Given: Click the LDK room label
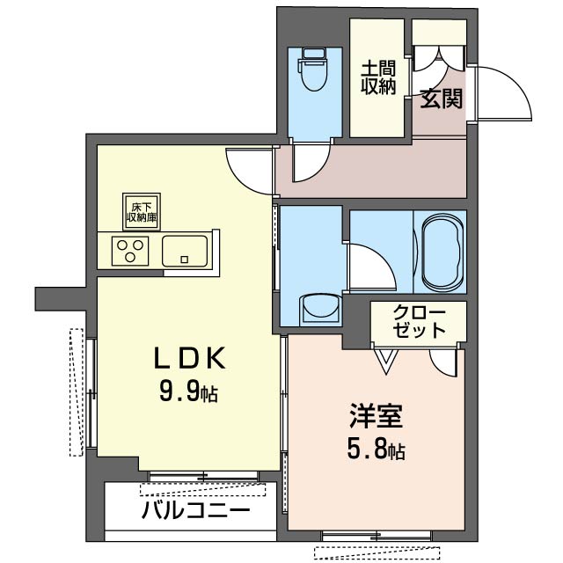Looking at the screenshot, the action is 190,358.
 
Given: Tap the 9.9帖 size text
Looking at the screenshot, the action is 188,391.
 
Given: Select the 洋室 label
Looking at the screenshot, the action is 376,416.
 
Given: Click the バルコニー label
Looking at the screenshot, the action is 195,510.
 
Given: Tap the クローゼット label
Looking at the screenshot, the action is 420,321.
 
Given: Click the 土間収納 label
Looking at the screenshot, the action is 378,77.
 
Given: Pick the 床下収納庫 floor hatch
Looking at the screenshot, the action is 142,212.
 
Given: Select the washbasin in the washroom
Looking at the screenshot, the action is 320,308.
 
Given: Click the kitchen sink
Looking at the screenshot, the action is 185,251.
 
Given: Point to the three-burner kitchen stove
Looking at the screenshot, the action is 130,251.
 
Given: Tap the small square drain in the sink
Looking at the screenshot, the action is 185,260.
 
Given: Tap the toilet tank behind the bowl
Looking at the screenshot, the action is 315,54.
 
